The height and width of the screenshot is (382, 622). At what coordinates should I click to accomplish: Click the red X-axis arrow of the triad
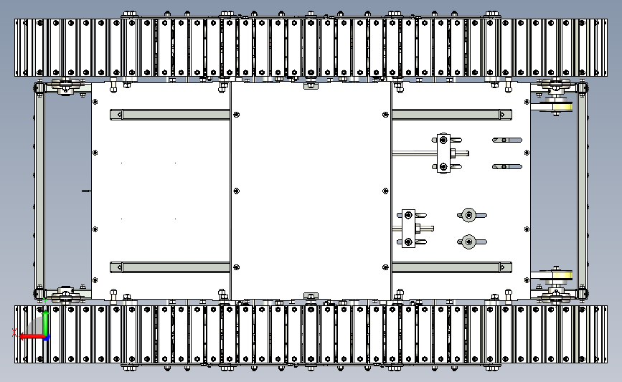coord(32,337)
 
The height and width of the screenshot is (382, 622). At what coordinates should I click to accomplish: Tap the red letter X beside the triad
coord(14,333)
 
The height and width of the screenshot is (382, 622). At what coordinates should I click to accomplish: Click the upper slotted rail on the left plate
coord(170,115)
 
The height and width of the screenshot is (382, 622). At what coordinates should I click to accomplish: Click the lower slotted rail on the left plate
coord(170,267)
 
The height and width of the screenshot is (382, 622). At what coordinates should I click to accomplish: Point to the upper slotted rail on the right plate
coord(452,115)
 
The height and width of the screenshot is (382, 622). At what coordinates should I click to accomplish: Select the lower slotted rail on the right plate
coord(452,267)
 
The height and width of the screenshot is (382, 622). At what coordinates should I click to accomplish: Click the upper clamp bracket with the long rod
coord(443,153)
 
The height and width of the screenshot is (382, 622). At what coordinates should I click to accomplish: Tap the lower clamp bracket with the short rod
coord(409,229)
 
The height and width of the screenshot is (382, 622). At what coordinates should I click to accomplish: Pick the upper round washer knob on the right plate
coord(469,215)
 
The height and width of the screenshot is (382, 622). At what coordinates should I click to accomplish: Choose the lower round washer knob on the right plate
coord(469,242)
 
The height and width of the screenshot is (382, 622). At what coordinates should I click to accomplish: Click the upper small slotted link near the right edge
coord(507,140)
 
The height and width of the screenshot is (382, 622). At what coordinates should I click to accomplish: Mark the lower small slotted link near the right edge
coord(507,167)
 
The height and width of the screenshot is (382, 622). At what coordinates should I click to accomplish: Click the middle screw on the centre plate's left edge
coord(237,191)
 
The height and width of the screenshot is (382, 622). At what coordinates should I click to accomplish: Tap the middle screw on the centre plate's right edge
coord(385,191)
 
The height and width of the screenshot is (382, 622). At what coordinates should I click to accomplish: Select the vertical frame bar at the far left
coord(39,190)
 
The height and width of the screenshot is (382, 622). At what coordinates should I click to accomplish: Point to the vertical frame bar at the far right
coord(582,190)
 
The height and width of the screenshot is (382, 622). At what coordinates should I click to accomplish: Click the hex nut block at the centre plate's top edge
coord(311,85)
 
